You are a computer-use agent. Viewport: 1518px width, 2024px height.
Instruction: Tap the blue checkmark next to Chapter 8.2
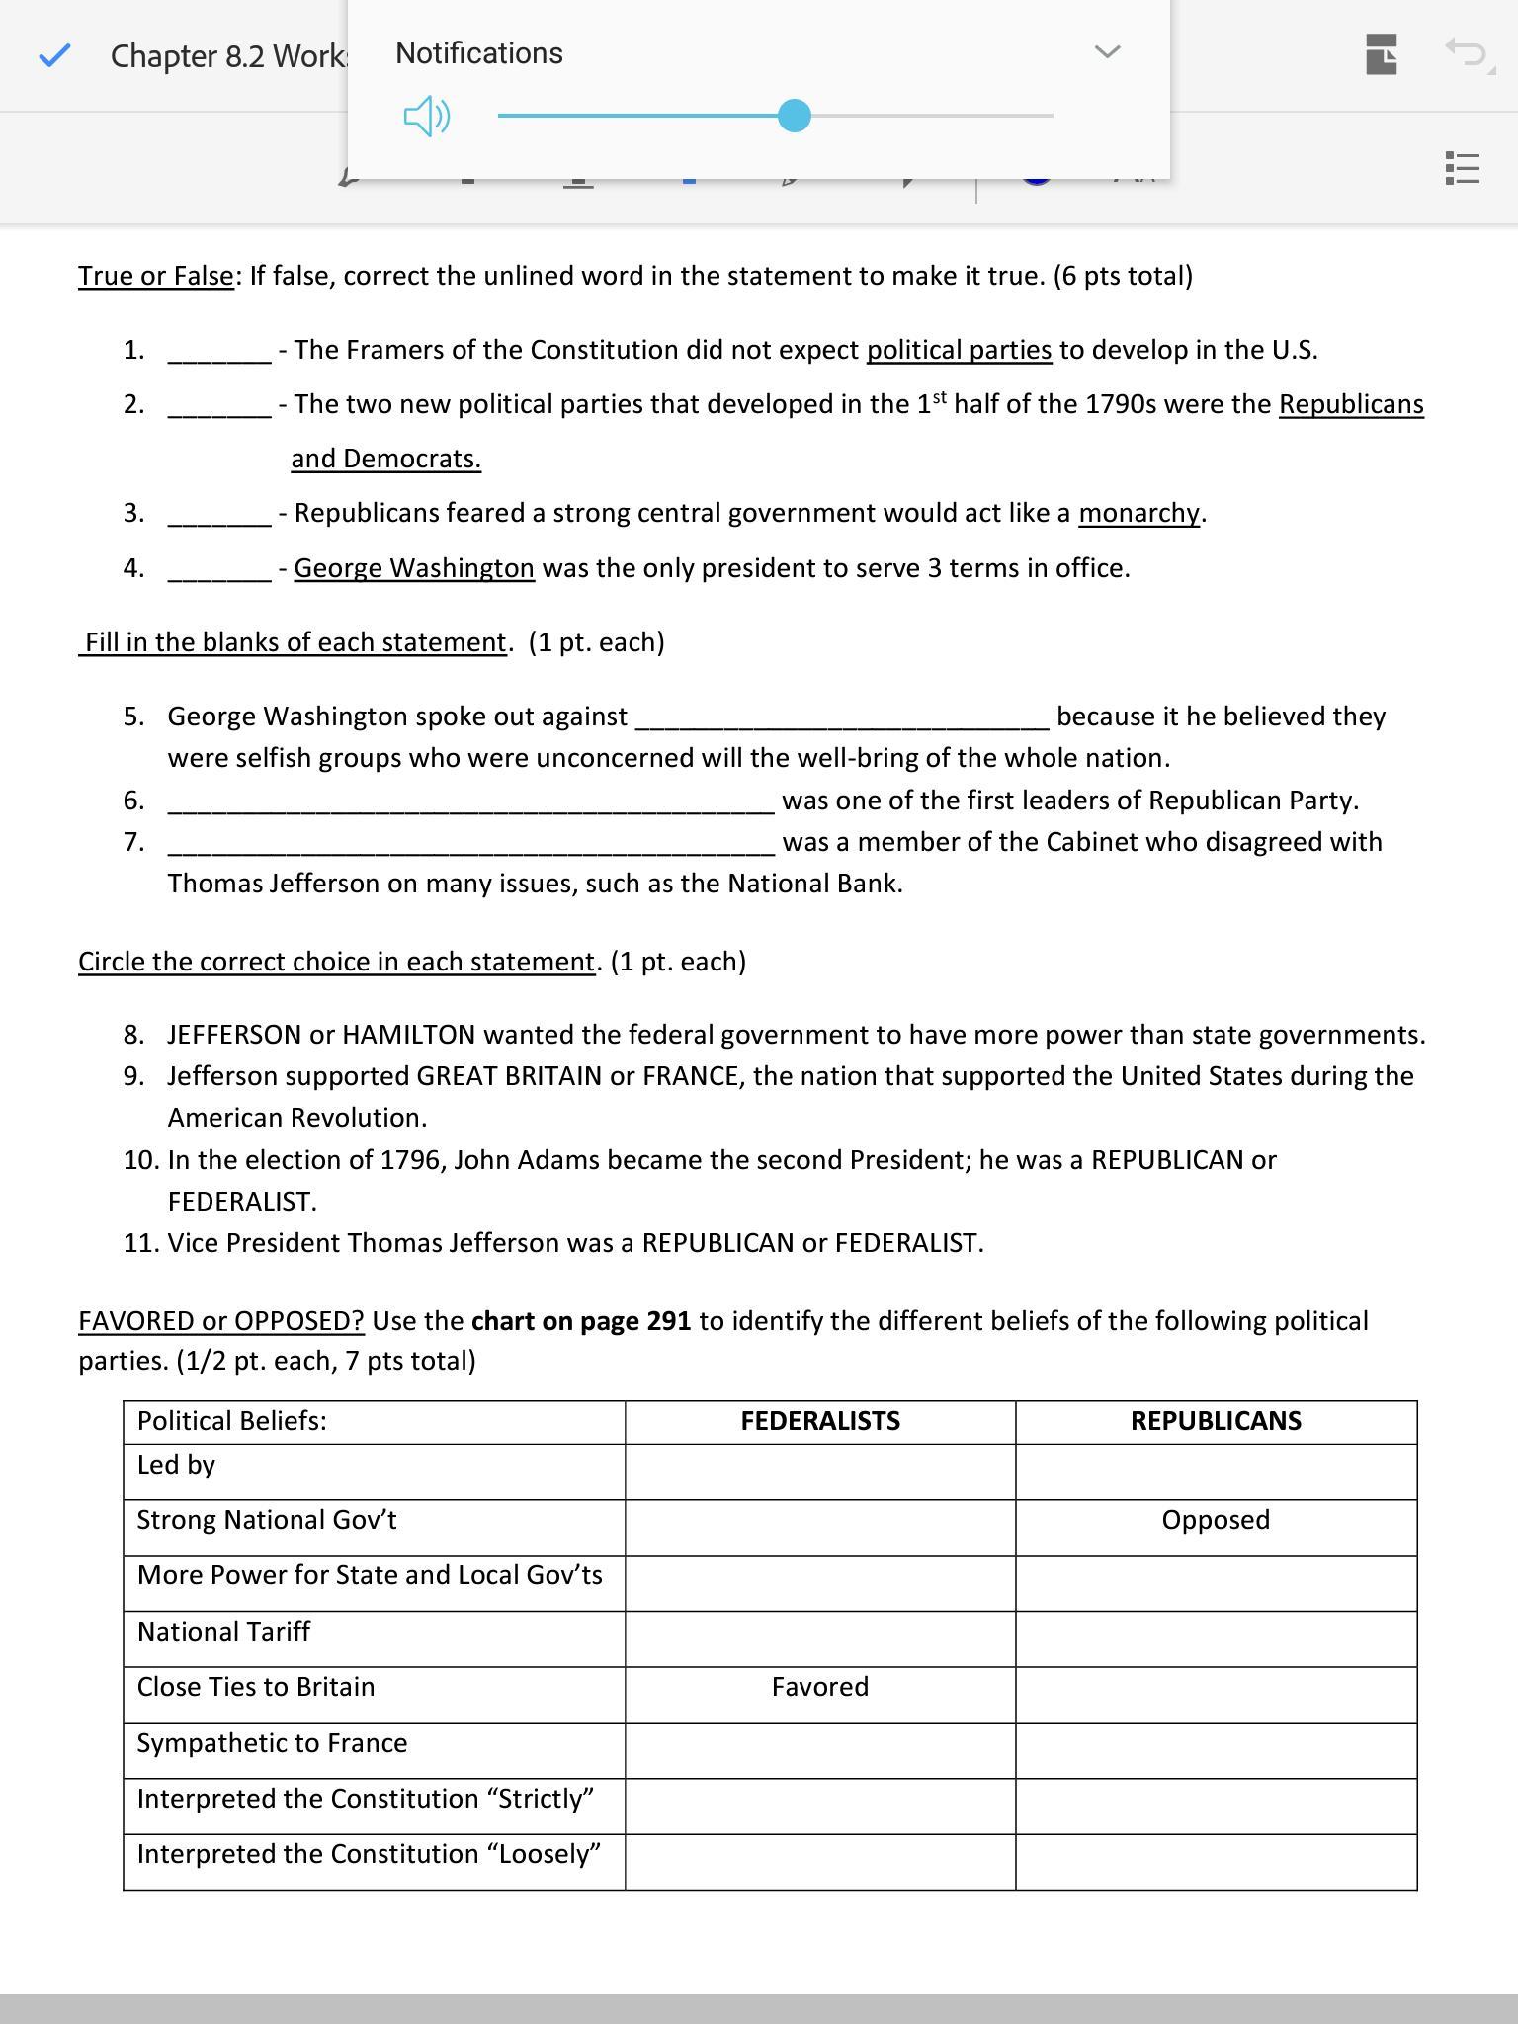[x=54, y=55]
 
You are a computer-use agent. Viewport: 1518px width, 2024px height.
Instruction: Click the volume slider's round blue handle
[x=794, y=116]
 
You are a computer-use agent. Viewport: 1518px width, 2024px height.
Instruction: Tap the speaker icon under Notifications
[x=427, y=117]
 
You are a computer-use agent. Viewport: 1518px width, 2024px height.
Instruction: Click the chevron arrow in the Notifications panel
[x=1108, y=51]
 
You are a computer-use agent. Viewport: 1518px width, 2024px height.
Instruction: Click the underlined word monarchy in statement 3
[x=1139, y=513]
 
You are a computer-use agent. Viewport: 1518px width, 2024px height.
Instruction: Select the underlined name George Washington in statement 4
[x=414, y=568]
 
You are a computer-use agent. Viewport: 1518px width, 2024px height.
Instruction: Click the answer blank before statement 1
[x=219, y=352]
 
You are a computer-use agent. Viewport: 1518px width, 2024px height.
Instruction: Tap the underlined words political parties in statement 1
[x=959, y=350]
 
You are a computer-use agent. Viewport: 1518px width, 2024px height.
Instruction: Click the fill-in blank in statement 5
[x=841, y=718]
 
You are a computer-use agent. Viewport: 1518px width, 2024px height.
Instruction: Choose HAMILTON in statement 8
[x=408, y=1035]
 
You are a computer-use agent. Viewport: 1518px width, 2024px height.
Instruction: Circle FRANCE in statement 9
[x=691, y=1076]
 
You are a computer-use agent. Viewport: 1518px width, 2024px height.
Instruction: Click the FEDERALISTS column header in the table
[x=820, y=1421]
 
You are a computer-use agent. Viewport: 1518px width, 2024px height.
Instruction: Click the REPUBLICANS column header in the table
[x=1216, y=1421]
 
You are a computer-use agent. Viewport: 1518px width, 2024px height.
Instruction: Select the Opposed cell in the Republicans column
[x=1216, y=1520]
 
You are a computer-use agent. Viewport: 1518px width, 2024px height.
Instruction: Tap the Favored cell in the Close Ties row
[x=820, y=1687]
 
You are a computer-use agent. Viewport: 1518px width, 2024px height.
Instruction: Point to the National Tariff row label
[x=223, y=1632]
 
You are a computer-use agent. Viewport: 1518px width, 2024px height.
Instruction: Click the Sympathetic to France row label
[x=272, y=1743]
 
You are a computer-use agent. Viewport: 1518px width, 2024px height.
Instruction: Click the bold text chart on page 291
[x=581, y=1321]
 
